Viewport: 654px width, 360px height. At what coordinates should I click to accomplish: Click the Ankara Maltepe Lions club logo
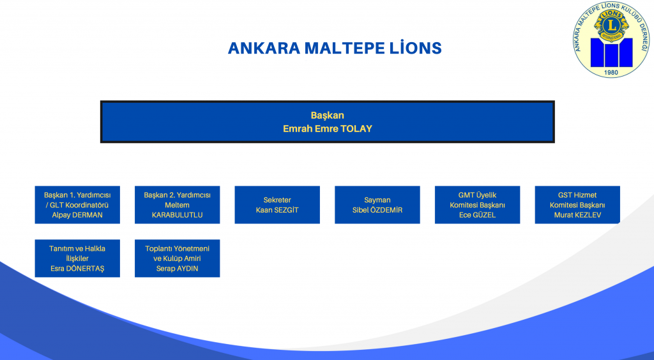click(611, 39)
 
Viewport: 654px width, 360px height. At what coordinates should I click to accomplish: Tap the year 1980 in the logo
click(611, 73)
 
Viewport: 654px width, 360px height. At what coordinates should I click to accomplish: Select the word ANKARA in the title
click(264, 49)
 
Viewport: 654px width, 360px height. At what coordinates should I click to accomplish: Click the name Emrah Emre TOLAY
click(328, 129)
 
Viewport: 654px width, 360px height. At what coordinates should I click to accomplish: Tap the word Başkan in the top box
click(328, 116)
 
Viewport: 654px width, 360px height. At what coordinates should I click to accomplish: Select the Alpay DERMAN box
click(77, 205)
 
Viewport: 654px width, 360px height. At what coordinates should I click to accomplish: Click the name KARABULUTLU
click(178, 215)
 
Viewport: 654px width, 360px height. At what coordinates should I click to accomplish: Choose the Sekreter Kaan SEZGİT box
click(277, 205)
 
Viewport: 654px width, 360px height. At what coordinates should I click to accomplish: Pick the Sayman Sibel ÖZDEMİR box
click(377, 205)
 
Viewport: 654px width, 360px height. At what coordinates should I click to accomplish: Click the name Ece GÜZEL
click(477, 215)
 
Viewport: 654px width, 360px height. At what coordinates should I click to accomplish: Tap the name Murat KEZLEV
click(577, 215)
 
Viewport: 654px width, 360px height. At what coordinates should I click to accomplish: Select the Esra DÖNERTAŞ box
click(77, 258)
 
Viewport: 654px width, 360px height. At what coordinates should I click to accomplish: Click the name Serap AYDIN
click(178, 269)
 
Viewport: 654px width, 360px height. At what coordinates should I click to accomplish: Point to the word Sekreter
click(277, 200)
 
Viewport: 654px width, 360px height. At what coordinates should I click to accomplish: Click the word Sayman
click(377, 200)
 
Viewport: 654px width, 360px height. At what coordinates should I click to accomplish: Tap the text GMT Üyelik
click(477, 195)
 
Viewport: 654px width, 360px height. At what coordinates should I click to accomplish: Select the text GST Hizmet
click(577, 195)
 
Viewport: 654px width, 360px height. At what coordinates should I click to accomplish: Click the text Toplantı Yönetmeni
click(178, 249)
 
